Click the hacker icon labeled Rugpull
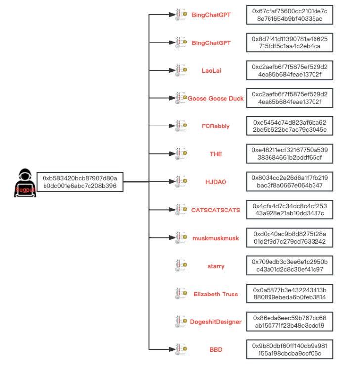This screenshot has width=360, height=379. click(23, 182)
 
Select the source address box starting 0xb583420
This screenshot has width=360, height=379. click(79, 182)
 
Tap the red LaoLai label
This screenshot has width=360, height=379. click(211, 71)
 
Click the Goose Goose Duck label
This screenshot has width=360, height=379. click(216, 98)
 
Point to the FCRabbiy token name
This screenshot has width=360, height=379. click(216, 126)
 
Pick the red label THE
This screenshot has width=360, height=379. click(216, 154)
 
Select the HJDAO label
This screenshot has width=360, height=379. click(216, 182)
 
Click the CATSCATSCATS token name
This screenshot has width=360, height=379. click(216, 210)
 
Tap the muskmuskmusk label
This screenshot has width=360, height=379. click(216, 238)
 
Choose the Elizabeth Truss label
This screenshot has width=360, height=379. click(216, 294)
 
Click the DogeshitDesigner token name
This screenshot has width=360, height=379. click(216, 322)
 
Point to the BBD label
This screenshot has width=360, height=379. click(216, 350)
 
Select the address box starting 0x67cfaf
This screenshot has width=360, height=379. click(290, 15)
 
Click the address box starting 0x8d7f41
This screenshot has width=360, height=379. click(290, 42)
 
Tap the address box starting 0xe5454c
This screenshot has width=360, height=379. click(290, 126)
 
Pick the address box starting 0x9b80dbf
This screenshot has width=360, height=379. click(290, 349)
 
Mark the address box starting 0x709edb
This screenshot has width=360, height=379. click(290, 265)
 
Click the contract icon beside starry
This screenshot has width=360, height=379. click(181, 266)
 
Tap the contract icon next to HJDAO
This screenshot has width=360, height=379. click(181, 182)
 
